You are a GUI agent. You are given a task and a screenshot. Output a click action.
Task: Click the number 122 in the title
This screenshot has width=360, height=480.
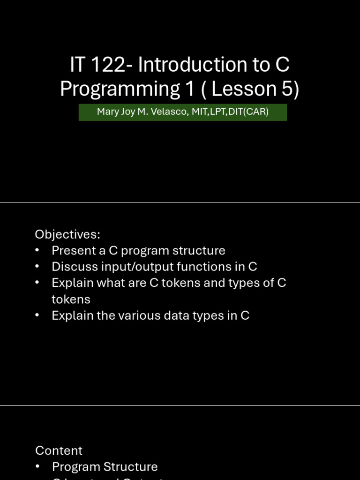pyautogui.click(x=108, y=65)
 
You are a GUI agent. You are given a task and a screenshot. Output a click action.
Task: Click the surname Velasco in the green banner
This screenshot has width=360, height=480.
pyautogui.click(x=169, y=112)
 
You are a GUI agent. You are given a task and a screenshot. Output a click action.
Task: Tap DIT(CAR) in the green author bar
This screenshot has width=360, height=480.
pyautogui.click(x=248, y=112)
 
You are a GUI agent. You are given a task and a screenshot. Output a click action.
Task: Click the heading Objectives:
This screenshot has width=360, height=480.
pyautogui.click(x=67, y=234)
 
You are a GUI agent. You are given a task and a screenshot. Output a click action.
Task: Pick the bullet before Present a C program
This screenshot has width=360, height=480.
pyautogui.click(x=37, y=251)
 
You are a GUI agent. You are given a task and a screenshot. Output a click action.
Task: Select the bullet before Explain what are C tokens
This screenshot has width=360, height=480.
pyautogui.click(x=37, y=283)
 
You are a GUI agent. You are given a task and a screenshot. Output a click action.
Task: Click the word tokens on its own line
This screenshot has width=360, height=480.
pyautogui.click(x=71, y=299)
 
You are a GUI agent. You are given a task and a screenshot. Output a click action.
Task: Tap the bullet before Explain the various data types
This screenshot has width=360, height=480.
pyautogui.click(x=37, y=316)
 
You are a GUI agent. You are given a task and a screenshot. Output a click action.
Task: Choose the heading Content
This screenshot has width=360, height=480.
pyautogui.click(x=59, y=450)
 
